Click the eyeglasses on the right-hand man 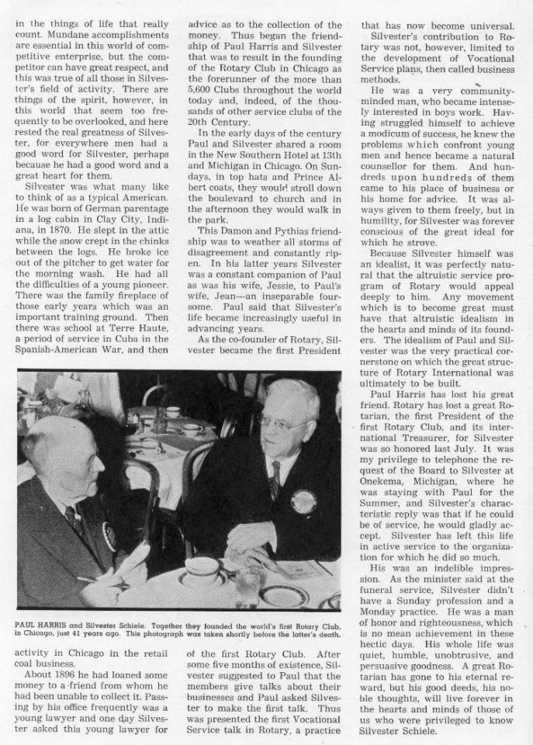click(282, 424)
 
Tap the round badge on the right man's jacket click(303, 501)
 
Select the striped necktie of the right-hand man click(275, 480)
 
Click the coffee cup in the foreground click(200, 570)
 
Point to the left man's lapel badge click(109, 536)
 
